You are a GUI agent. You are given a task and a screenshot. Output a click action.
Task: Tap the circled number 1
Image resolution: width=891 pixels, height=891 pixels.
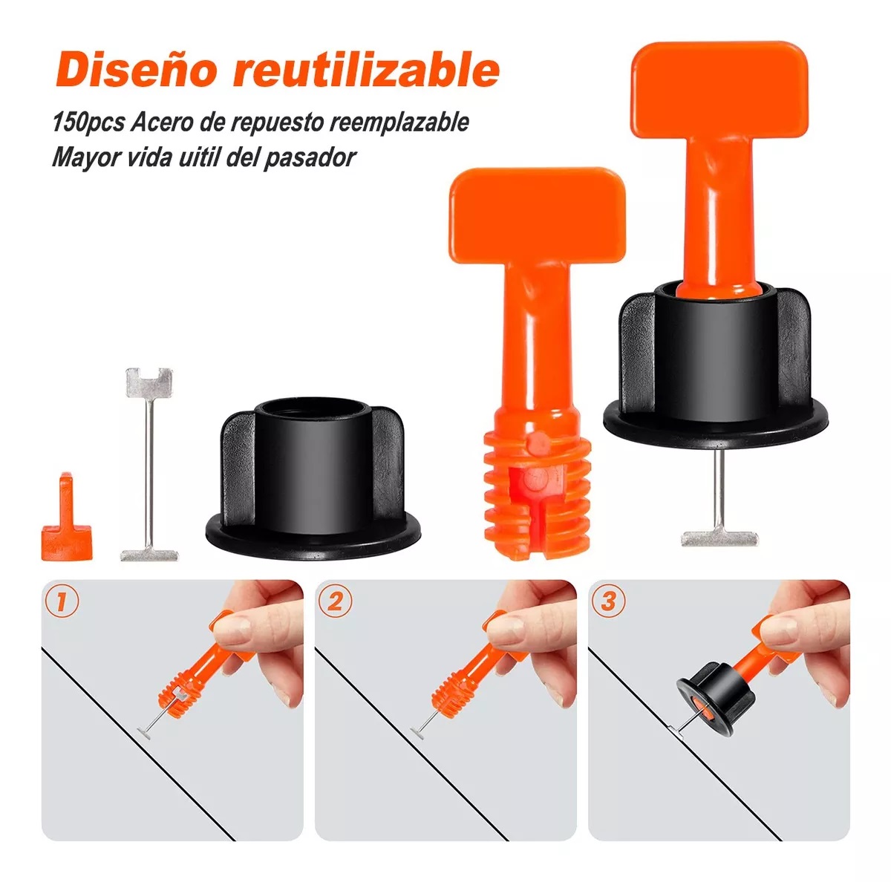tap(62, 601)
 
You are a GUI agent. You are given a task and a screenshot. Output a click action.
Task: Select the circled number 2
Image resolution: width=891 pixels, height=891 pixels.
tap(336, 601)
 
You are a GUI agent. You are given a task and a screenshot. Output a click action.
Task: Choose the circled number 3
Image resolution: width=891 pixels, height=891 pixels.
tap(608, 601)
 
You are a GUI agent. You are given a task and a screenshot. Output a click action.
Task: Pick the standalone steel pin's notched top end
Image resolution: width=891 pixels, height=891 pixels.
tap(149, 382)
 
